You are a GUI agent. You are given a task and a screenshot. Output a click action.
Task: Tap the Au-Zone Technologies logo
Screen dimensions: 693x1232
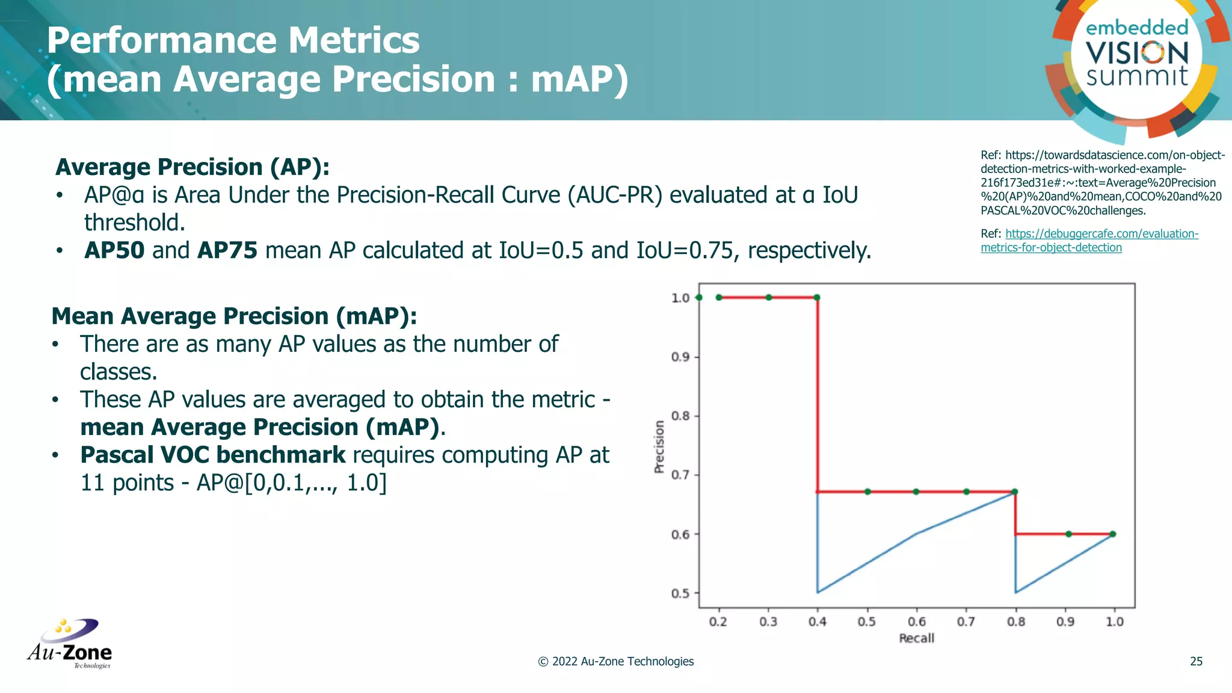[70, 644]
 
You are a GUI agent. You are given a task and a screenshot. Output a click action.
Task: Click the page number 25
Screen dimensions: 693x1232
[1196, 661]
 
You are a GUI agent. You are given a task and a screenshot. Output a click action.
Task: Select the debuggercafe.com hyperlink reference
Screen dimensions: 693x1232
[1089, 241]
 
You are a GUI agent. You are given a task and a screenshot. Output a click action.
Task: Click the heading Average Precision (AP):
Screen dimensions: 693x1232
[192, 167]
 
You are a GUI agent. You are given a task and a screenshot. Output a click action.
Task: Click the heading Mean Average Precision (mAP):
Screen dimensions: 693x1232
[234, 316]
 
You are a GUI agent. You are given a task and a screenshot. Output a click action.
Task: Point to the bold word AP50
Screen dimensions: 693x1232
[114, 250]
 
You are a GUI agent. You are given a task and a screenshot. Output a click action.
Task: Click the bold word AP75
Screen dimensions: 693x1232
[227, 250]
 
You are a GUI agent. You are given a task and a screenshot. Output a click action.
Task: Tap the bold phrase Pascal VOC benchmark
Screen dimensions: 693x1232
[213, 455]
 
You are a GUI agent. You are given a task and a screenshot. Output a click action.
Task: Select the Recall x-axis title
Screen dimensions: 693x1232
[916, 638]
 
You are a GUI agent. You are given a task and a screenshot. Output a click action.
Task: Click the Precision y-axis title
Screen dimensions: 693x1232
[659, 446]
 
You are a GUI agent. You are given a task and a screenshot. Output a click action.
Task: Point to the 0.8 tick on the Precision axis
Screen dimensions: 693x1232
[680, 416]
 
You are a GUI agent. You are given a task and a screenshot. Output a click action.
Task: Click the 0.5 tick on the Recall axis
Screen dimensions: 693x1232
[867, 621]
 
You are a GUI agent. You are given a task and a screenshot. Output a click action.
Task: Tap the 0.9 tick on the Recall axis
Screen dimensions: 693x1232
[1065, 621]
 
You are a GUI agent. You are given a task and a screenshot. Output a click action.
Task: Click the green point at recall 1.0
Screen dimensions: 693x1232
[1113, 534]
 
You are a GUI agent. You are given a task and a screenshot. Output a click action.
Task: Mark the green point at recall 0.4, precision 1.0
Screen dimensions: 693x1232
[817, 297]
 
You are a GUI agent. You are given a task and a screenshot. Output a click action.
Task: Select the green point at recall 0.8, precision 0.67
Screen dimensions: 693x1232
[1015, 491]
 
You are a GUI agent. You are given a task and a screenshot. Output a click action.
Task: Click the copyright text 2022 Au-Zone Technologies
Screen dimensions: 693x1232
[615, 661]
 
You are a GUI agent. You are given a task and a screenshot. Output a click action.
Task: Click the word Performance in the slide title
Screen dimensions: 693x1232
[161, 40]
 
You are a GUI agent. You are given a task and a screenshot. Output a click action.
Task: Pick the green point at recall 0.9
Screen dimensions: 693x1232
[1068, 534]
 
